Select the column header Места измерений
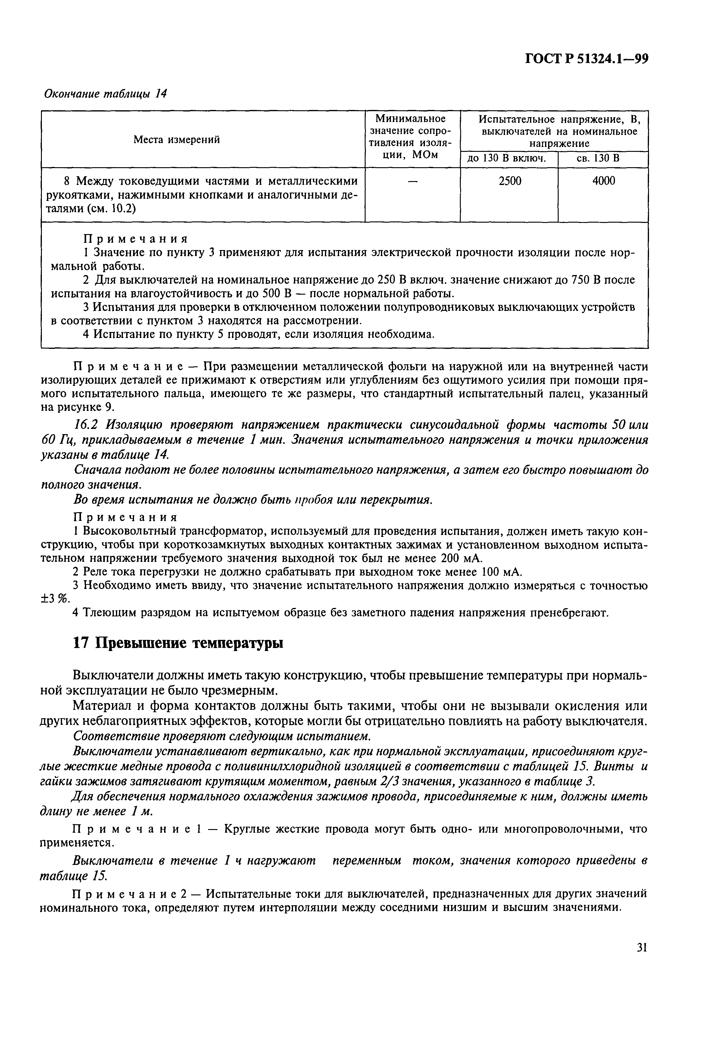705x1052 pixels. (x=177, y=140)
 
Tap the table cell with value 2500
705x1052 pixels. (x=510, y=181)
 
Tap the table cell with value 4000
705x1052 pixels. (x=604, y=181)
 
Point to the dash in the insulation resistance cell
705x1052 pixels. (x=412, y=181)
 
